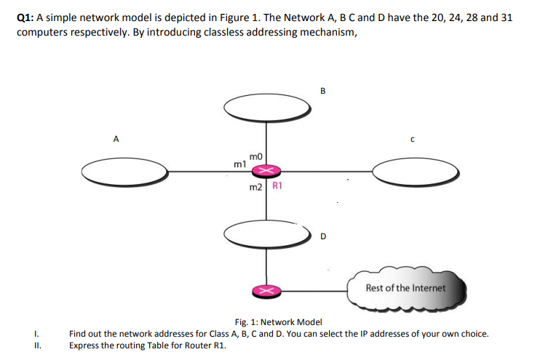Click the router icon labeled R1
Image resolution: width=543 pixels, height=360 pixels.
[x=266, y=171]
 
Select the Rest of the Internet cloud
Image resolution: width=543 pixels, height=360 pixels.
[x=405, y=289]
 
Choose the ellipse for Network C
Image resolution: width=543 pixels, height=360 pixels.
[x=416, y=172]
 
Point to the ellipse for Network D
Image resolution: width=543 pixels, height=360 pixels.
[x=266, y=233]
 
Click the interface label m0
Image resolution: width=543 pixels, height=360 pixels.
[x=255, y=156]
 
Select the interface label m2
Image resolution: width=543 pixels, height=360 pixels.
[x=255, y=188]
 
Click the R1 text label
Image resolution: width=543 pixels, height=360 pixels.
[x=277, y=186]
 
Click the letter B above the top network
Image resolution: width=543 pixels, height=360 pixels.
[x=322, y=91]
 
